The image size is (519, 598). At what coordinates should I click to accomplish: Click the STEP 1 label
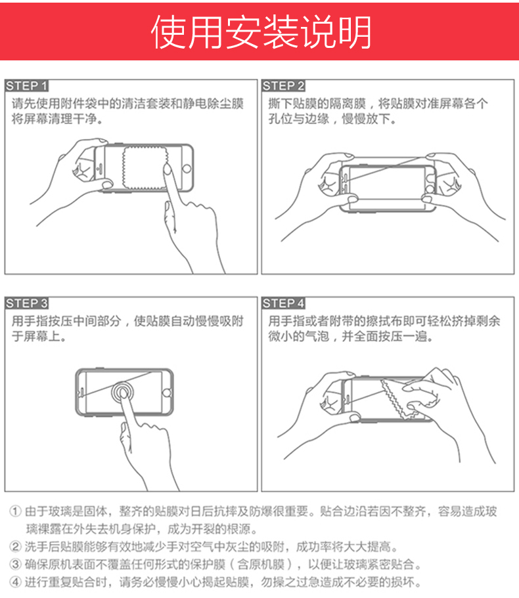coord(26,86)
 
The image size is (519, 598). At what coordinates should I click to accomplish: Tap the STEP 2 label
coord(283,86)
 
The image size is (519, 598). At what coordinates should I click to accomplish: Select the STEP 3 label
coord(26,303)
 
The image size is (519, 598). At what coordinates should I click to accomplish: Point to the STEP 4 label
coord(283,303)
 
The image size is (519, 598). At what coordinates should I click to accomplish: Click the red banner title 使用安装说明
coord(261,32)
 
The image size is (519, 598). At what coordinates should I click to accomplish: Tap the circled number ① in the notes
coord(15,511)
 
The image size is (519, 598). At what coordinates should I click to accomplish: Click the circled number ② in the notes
coord(15,547)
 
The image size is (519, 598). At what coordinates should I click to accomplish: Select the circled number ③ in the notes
coord(15,564)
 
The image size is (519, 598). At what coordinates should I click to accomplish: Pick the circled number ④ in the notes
coord(15,582)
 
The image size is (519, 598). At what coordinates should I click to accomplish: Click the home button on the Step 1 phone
coord(187,168)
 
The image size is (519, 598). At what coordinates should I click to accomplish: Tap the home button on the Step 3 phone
coord(167,393)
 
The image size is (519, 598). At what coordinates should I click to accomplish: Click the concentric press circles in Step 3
coord(122,392)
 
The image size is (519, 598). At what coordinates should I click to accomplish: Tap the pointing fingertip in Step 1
coord(167,168)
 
